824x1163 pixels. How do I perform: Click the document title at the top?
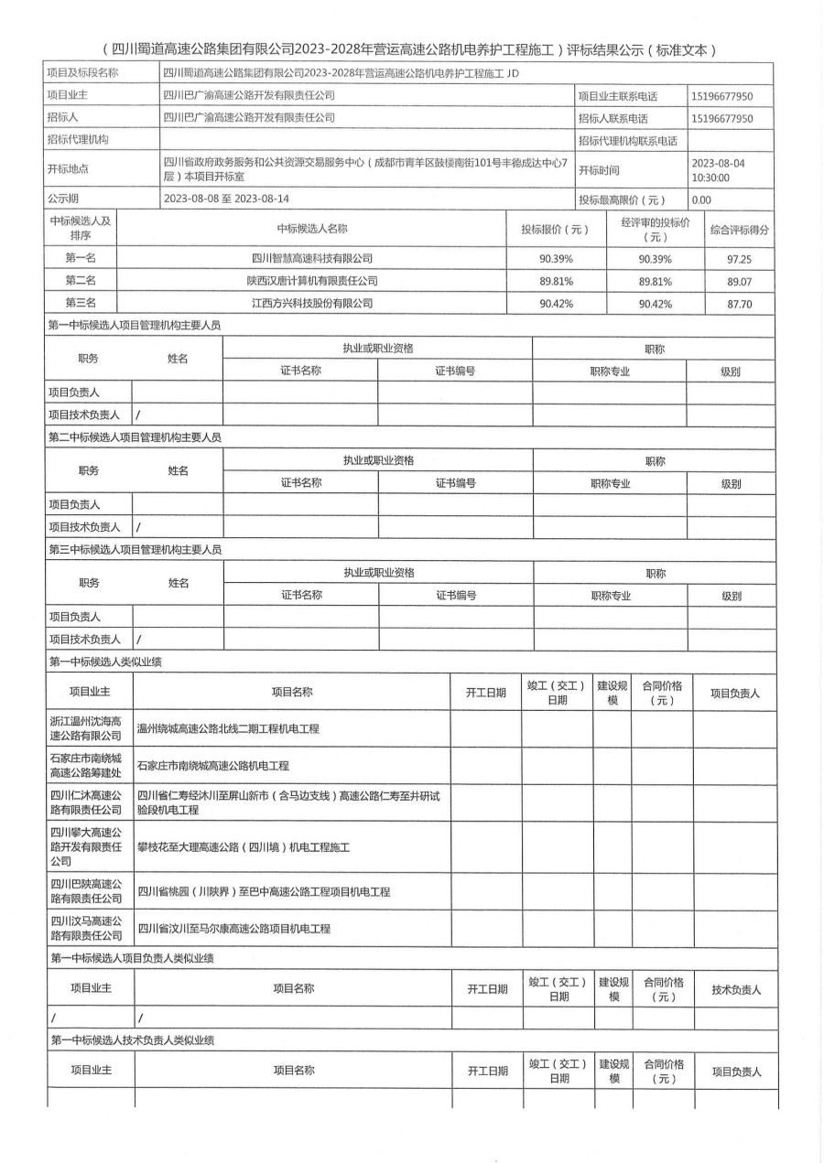(411, 49)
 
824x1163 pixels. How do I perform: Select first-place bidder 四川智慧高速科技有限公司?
(312, 259)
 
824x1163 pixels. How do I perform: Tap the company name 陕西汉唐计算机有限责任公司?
(312, 281)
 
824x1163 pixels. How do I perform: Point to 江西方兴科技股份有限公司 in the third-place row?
(312, 303)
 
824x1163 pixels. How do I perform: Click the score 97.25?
(739, 259)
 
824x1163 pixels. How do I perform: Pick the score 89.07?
(739, 281)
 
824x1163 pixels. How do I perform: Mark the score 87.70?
(739, 303)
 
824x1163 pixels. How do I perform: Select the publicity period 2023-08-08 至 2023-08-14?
(226, 199)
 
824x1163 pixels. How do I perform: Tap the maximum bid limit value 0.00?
(701, 199)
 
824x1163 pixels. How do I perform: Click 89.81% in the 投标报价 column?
(556, 281)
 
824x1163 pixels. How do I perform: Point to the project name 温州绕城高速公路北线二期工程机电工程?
(228, 729)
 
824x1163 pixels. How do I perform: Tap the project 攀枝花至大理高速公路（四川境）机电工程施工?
(244, 847)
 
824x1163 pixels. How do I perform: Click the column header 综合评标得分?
(739, 228)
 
